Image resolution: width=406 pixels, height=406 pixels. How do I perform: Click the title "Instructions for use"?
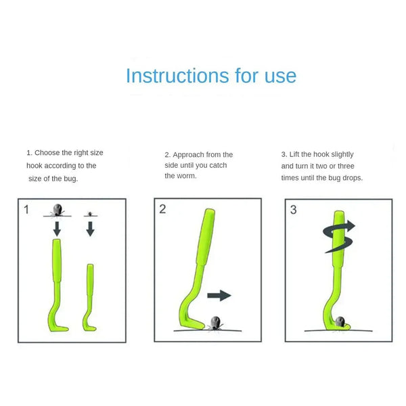pyautogui.click(x=211, y=75)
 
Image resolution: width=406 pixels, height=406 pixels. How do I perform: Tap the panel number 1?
pyautogui.click(x=27, y=210)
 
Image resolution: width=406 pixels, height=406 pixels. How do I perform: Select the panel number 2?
pyautogui.click(x=162, y=209)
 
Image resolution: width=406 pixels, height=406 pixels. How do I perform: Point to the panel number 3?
pyautogui.click(x=293, y=210)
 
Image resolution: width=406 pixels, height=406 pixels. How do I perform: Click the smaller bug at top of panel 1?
pyautogui.click(x=89, y=212)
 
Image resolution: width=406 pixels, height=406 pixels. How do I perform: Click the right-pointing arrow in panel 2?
pyautogui.click(x=219, y=295)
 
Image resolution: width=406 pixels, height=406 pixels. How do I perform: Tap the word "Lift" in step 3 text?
pyautogui.click(x=296, y=154)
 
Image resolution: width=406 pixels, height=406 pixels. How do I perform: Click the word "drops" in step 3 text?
pyautogui.click(x=351, y=177)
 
